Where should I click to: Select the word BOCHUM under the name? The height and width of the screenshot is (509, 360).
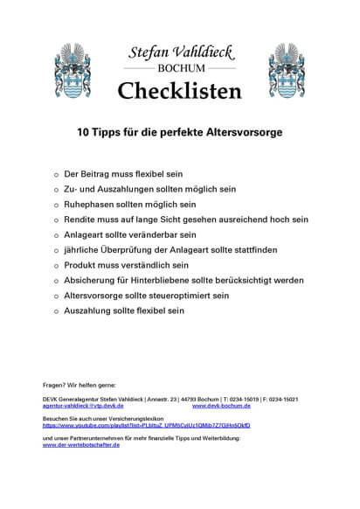point(179,68)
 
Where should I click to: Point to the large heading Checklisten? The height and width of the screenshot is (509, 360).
point(179,89)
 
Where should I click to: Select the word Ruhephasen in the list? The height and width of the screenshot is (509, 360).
point(90,204)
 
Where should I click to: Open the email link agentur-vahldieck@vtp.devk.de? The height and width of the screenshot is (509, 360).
point(83,406)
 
